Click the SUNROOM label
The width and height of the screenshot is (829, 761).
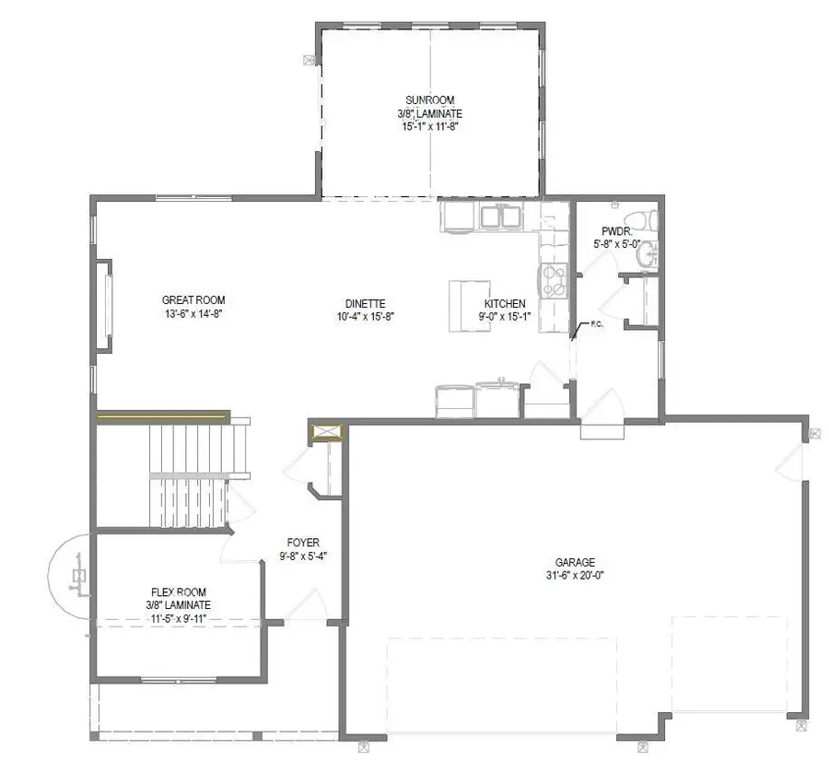[x=431, y=100]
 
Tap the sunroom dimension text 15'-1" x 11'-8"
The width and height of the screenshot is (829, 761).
[x=431, y=127]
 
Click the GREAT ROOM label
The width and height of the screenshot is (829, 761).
[x=193, y=300]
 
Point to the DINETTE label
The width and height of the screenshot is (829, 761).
[x=365, y=304]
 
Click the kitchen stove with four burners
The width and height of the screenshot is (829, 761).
[x=555, y=280]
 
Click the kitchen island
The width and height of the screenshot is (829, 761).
[x=467, y=305]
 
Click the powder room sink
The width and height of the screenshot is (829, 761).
[x=648, y=253]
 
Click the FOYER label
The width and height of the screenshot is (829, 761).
[x=303, y=544]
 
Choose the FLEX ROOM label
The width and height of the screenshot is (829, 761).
[x=178, y=592]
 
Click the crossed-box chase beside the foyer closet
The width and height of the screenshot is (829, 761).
[x=327, y=432]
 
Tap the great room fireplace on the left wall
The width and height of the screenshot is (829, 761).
[x=107, y=305]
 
